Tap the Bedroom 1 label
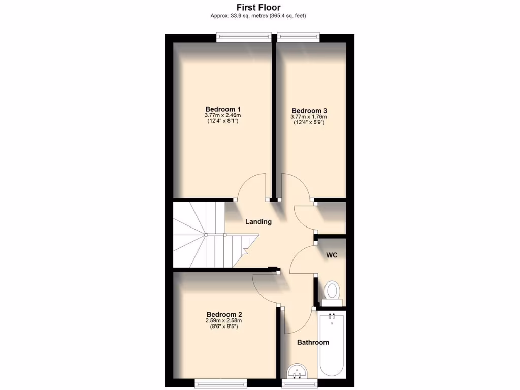pyautogui.click(x=222, y=109)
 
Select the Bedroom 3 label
pyautogui.click(x=309, y=111)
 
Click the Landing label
pyautogui.click(x=258, y=221)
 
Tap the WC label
pyautogui.click(x=332, y=255)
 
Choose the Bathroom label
pyautogui.click(x=313, y=342)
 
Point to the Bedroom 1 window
pyautogui.click(x=242, y=36)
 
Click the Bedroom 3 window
pyautogui.click(x=298, y=36)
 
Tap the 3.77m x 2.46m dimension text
pyautogui.click(x=222, y=116)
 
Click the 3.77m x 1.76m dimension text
pyautogui.click(x=309, y=117)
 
